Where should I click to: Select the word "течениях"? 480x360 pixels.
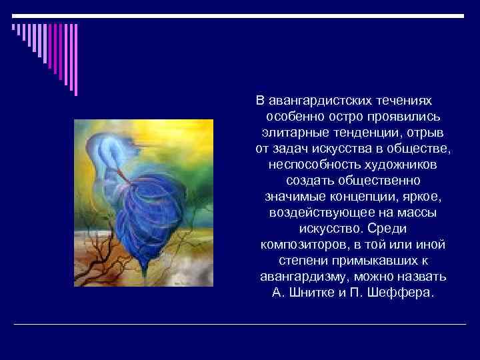(403, 100)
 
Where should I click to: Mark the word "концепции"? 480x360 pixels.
(365, 197)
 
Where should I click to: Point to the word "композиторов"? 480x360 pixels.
(296, 245)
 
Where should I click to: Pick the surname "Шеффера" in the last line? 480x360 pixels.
(407, 293)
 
